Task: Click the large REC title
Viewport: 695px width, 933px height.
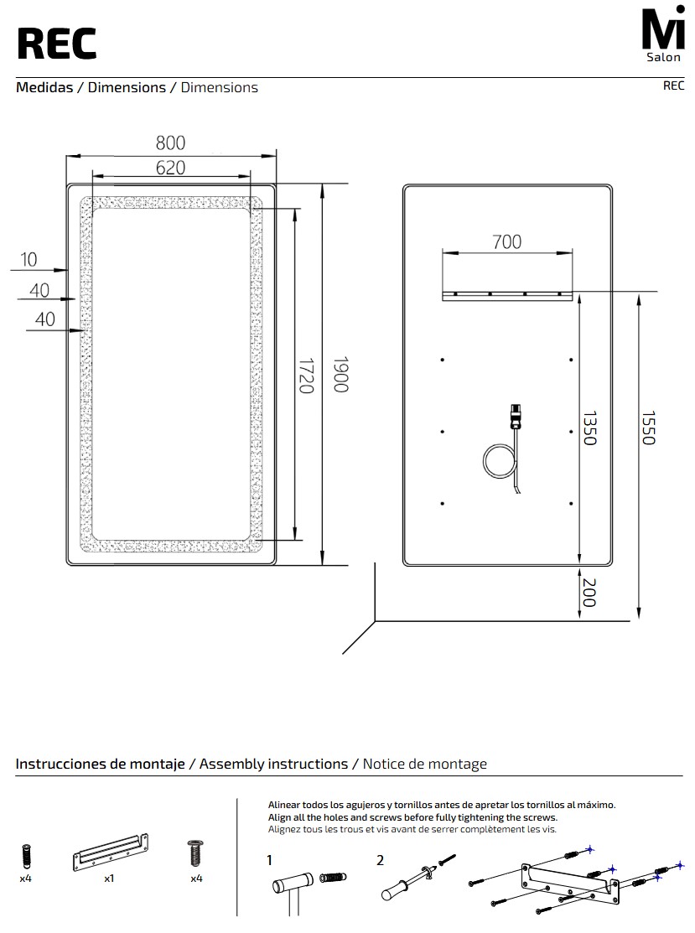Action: coord(56,44)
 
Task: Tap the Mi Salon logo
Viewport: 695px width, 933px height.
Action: coord(663,33)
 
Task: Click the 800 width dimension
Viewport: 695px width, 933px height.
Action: coord(171,143)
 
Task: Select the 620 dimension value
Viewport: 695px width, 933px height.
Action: coord(171,168)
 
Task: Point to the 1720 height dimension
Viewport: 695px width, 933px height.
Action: coord(306,376)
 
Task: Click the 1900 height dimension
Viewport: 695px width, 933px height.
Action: coord(340,375)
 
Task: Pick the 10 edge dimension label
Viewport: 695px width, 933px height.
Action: coord(29,259)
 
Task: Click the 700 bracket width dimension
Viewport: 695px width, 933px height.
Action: coord(507,241)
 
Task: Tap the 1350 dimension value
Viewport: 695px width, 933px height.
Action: coord(589,428)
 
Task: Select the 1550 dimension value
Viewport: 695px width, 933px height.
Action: coord(649,428)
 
